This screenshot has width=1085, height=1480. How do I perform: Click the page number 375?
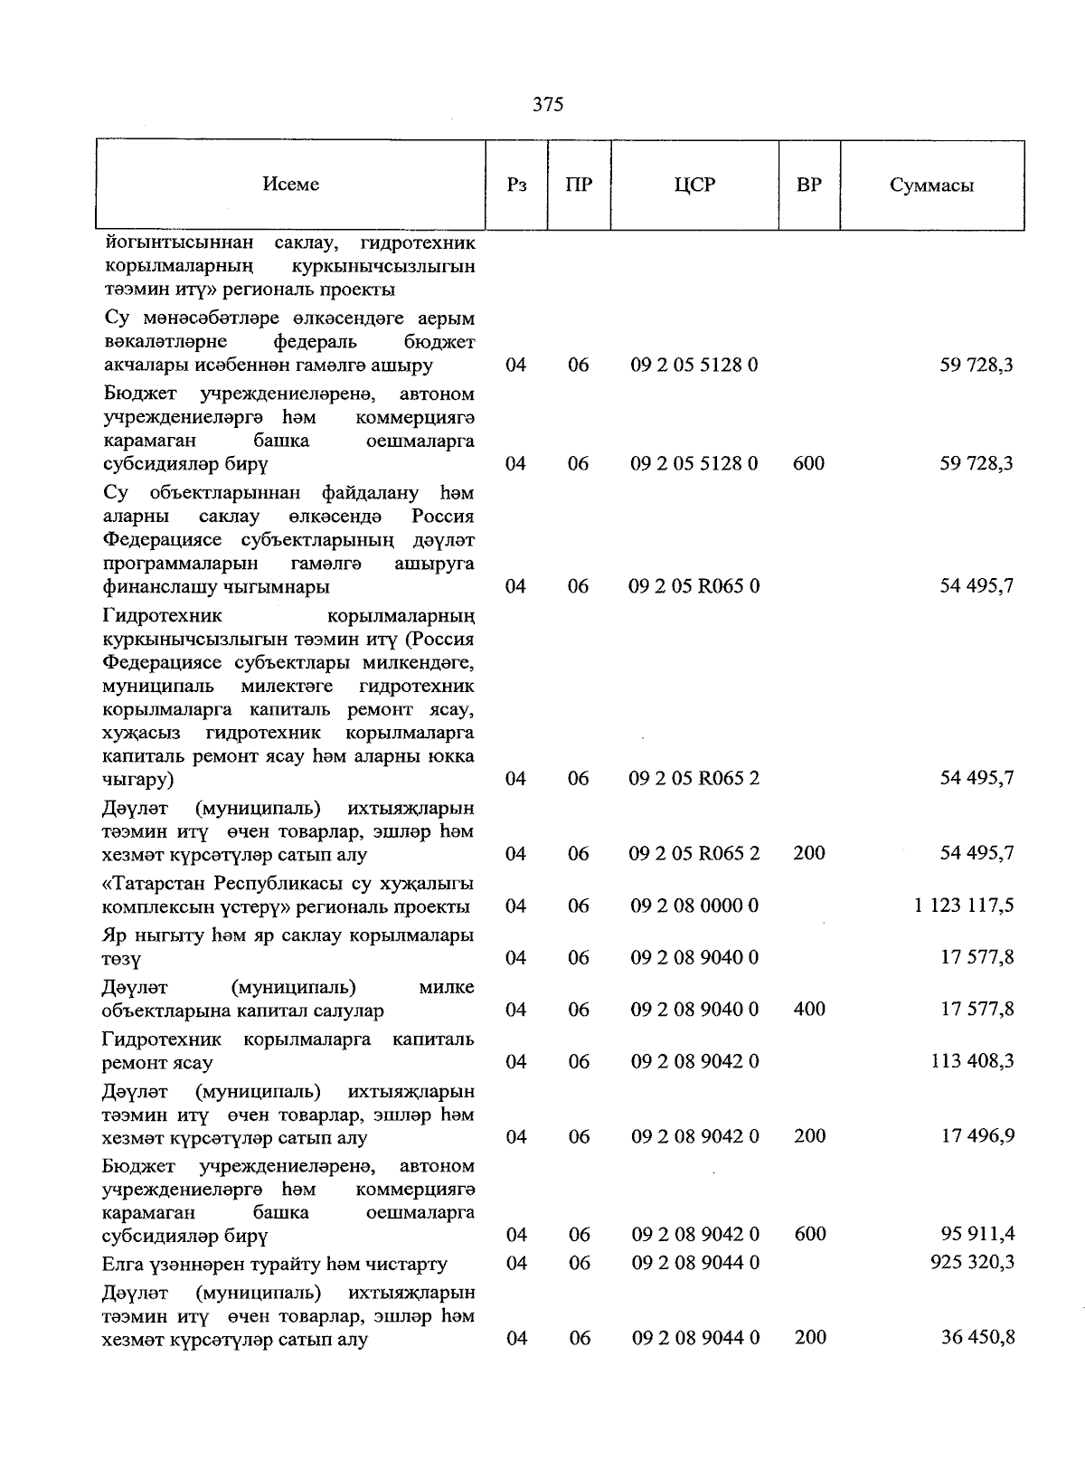coord(548,105)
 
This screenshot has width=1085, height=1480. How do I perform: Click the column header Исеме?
coord(291,185)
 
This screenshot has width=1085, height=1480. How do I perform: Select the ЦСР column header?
coord(694,185)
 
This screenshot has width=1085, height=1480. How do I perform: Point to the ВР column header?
coord(809,185)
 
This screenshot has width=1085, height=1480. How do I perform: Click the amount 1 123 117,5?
coord(964,906)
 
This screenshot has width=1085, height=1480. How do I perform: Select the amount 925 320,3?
coord(972,1262)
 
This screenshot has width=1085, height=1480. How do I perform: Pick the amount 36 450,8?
coord(977,1337)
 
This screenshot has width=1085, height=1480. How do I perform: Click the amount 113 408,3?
coord(972,1061)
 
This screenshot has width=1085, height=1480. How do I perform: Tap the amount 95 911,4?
coord(977,1234)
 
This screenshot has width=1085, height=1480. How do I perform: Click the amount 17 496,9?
coord(977,1136)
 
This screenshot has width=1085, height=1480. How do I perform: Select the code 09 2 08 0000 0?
coord(694,906)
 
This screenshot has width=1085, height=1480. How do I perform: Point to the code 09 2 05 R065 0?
coord(694,586)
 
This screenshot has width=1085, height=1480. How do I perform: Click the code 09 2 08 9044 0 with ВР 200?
coord(694,1337)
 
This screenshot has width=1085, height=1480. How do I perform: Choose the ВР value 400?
coord(809,1010)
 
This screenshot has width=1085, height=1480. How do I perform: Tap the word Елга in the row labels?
coord(123,1263)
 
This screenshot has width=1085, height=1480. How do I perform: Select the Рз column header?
coord(516,185)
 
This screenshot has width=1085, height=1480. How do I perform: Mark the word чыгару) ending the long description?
coord(138,780)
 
